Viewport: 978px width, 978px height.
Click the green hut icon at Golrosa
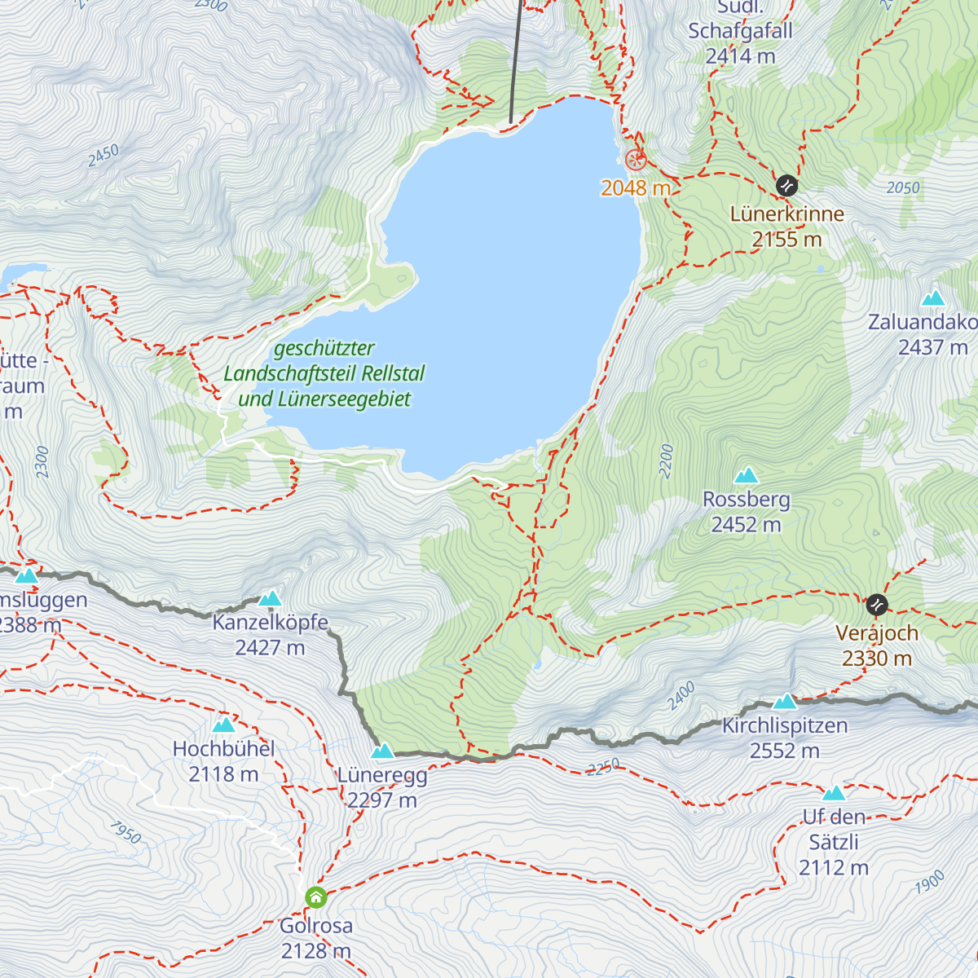(316, 898)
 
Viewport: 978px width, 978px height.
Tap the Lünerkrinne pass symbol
(786, 185)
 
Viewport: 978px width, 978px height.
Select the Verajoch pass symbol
(877, 605)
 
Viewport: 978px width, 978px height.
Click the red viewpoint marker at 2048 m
(635, 159)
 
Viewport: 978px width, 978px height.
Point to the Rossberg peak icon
(746, 475)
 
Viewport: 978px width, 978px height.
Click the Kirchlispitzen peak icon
(785, 701)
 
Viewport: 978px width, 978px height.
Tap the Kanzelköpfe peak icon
(270, 599)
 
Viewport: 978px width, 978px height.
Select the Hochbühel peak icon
(223, 725)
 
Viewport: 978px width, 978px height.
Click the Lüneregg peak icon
(382, 751)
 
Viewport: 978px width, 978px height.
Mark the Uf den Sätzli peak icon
(834, 793)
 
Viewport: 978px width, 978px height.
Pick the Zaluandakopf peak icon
(933, 298)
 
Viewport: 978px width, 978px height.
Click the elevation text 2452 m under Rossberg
(746, 525)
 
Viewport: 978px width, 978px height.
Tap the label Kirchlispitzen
(785, 725)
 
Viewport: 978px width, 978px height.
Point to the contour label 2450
(104, 155)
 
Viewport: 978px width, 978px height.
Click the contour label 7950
(125, 832)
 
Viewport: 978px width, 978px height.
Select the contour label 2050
(903, 188)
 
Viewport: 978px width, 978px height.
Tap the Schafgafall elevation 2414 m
(740, 56)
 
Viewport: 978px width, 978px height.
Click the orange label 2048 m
(636, 188)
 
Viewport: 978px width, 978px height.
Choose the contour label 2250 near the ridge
(603, 767)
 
